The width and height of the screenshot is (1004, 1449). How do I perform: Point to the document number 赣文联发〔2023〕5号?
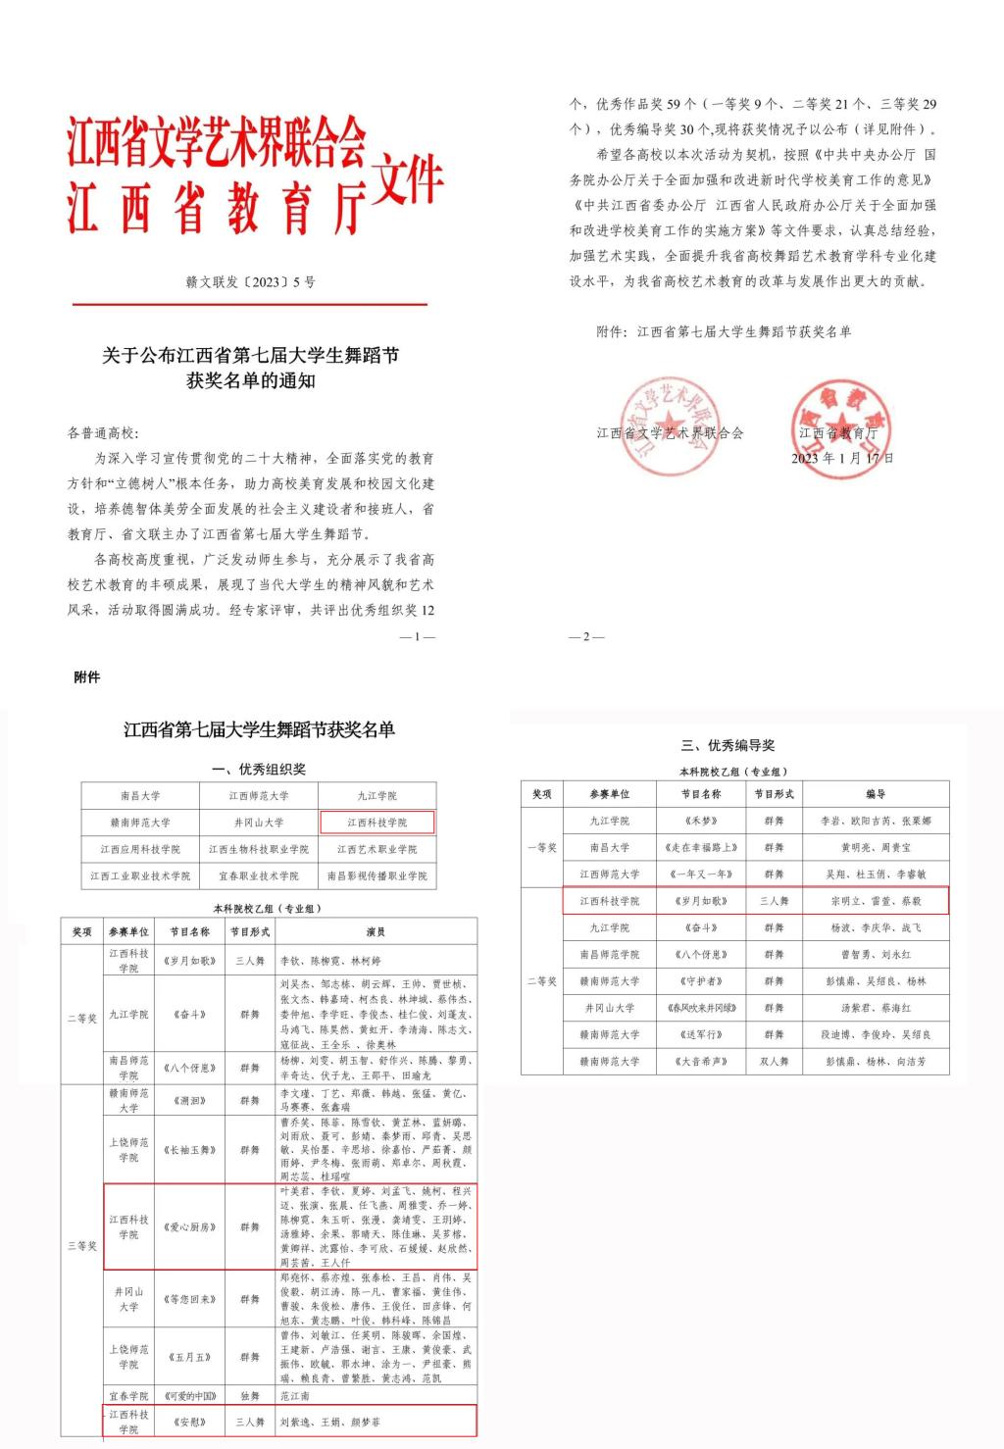tap(251, 282)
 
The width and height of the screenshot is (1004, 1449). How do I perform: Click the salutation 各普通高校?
tap(103, 432)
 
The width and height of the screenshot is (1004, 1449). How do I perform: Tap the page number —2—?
tap(586, 637)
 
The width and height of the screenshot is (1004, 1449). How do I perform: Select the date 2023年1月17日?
tap(842, 458)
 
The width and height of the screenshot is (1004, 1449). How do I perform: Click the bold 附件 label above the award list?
tap(87, 677)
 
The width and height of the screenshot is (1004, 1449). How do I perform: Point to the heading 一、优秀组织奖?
tap(259, 770)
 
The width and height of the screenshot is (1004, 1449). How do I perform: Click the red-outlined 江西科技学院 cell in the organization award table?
tap(377, 823)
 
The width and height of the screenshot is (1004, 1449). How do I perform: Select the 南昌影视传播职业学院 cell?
tap(377, 875)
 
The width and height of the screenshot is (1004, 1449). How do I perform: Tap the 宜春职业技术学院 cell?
tap(259, 875)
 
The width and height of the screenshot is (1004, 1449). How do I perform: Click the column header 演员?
tap(376, 932)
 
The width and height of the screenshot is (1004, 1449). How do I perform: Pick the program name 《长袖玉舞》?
tap(188, 1150)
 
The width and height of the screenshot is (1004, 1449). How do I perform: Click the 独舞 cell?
tap(249, 1395)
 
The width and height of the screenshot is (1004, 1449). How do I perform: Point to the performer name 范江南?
tap(294, 1395)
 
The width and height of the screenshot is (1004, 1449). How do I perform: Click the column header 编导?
tap(876, 794)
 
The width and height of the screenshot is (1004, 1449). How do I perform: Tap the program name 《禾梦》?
tap(701, 821)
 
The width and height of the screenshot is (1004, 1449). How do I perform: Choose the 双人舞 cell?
tap(774, 1061)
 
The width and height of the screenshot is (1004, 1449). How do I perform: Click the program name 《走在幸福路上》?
tap(701, 847)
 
